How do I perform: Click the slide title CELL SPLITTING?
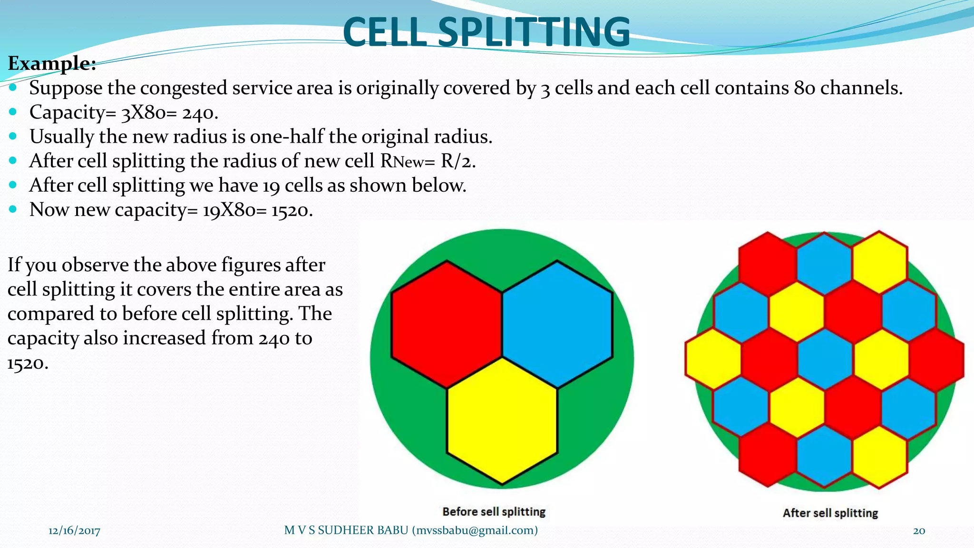[486, 32]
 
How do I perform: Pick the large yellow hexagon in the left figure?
[502, 421]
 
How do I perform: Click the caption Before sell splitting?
[494, 512]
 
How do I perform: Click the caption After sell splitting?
[830, 513]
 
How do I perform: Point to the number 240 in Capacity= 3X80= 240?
[200, 113]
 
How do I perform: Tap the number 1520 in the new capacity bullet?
[292, 210]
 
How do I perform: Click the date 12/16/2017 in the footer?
[74, 531]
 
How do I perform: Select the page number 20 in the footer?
[919, 531]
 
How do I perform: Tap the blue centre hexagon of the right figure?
[825, 359]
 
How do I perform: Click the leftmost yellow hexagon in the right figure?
[713, 359]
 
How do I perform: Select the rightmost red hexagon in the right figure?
[936, 359]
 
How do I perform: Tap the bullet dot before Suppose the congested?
[13, 88]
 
